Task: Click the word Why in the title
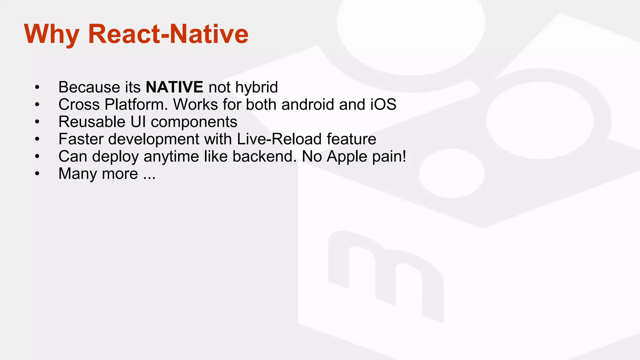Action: [x=52, y=34]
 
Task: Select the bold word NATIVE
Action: [x=174, y=87]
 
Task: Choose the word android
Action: [x=308, y=104]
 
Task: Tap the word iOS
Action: [x=383, y=104]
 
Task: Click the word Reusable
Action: [x=92, y=122]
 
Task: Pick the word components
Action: [x=194, y=122]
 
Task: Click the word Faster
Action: [x=81, y=139]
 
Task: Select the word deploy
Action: [x=115, y=157]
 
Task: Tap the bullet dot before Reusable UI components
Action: [x=37, y=122]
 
